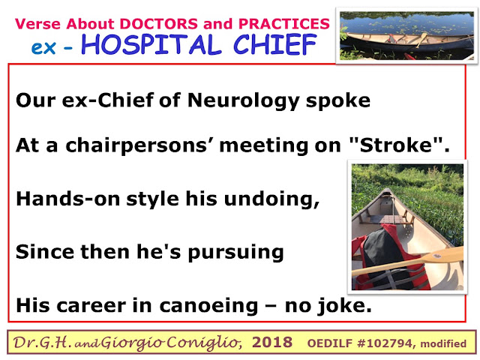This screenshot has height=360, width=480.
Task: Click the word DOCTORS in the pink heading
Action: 159,24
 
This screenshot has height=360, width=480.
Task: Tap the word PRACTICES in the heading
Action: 284,24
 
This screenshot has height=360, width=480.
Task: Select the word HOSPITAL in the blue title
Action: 151,45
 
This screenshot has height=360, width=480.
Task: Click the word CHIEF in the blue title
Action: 275,45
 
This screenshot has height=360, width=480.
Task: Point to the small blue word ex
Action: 43,47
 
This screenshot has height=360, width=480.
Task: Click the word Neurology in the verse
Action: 244,101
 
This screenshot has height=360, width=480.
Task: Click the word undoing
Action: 271,199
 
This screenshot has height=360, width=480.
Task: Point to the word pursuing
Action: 235,253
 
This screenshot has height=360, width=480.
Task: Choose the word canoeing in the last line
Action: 208,306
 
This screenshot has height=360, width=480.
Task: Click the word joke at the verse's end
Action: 343,306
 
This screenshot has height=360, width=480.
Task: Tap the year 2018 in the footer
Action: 272,342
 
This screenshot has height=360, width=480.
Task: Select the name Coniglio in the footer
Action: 202,342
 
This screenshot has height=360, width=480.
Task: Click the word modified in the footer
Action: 443,343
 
